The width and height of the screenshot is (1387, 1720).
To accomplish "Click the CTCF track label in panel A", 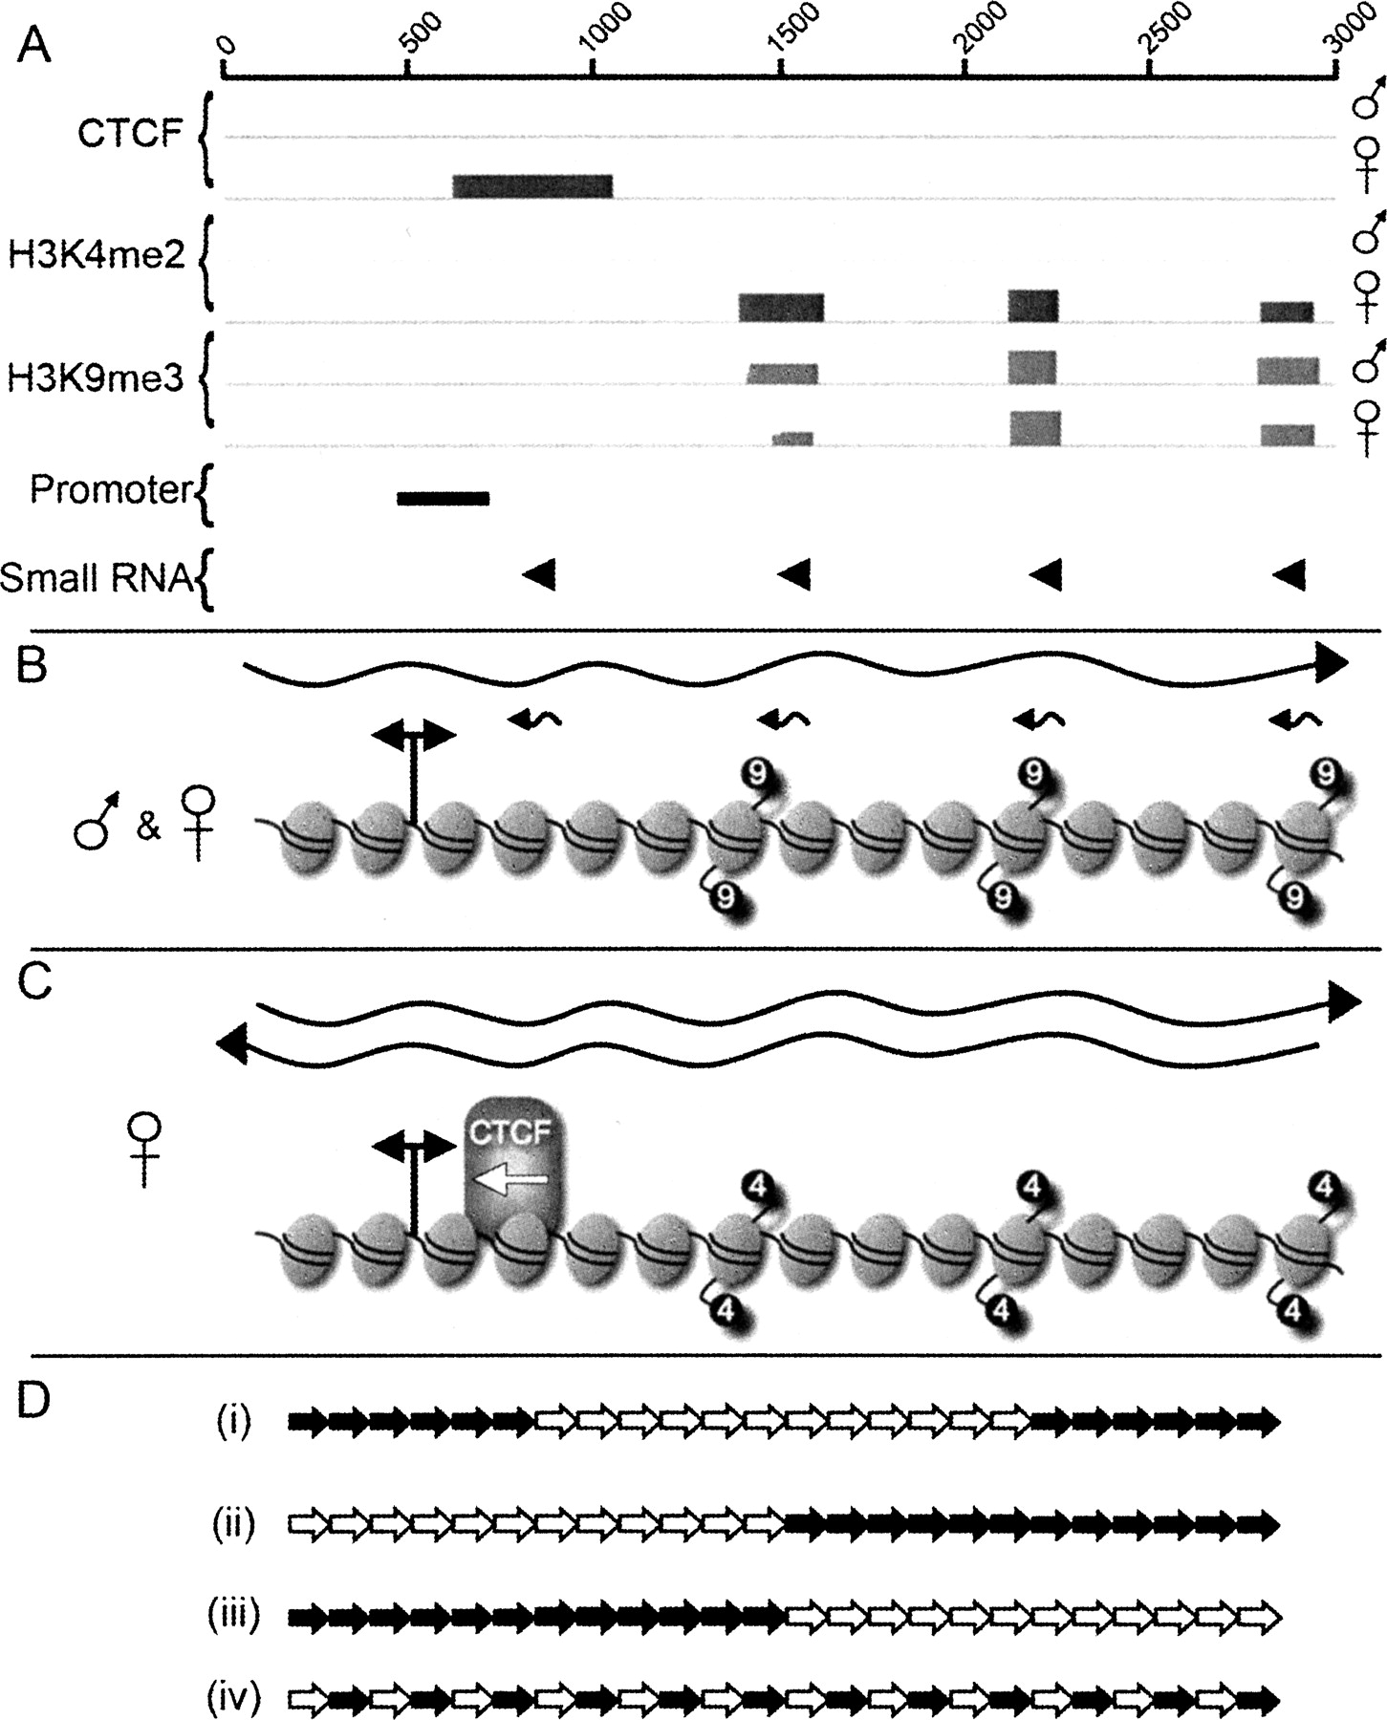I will click(x=129, y=134).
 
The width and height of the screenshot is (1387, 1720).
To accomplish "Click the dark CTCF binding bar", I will click(x=531, y=186).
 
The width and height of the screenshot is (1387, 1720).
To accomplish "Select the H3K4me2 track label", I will click(x=96, y=255).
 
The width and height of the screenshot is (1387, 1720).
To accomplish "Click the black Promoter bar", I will click(x=443, y=498).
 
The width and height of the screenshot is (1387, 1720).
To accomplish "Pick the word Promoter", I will click(x=111, y=490).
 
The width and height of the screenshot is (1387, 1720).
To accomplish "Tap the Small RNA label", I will click(x=96, y=577).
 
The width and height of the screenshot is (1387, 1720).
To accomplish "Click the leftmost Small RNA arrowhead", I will click(x=540, y=574).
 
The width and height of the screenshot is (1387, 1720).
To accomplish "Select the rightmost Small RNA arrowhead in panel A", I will click(x=1290, y=575).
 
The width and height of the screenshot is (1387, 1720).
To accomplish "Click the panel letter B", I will click(x=33, y=666).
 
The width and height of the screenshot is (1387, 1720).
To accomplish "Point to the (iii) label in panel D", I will click(x=233, y=1615).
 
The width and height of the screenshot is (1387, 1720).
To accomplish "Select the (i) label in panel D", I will click(x=233, y=1422).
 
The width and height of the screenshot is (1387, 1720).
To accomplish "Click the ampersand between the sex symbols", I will click(x=147, y=827).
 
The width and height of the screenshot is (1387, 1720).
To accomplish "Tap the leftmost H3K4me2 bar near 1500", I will click(x=780, y=308).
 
